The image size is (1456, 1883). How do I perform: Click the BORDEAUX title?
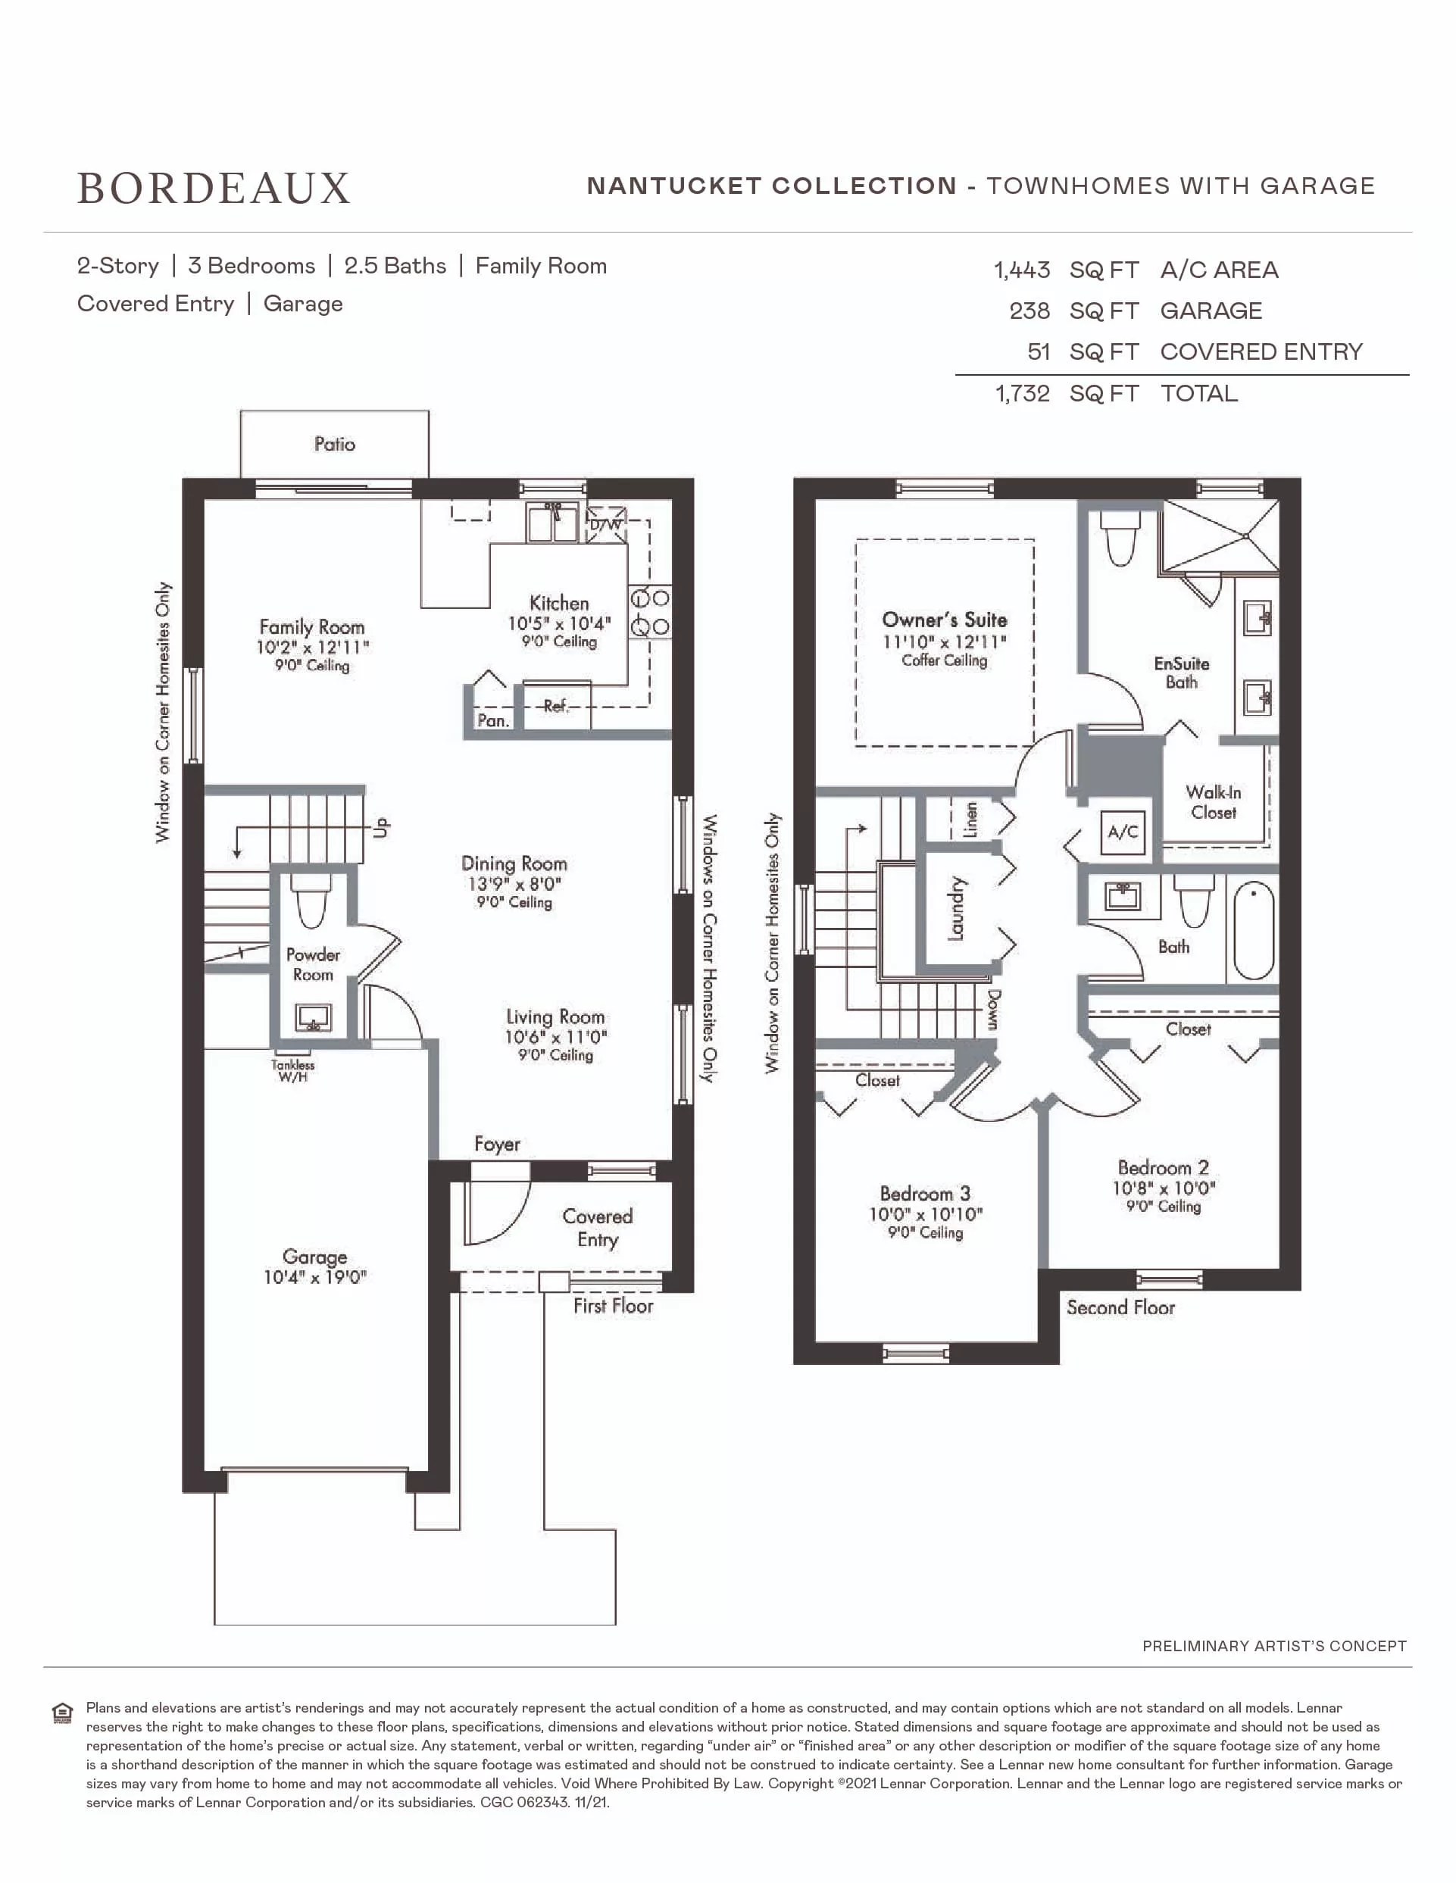point(214,188)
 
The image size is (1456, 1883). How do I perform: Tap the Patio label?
point(335,444)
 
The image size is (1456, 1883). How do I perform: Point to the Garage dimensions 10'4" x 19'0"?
point(314,1277)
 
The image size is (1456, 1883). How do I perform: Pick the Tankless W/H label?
point(293,1071)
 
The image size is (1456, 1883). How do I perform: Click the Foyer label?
point(498,1144)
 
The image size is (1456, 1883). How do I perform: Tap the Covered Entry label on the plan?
point(598,1228)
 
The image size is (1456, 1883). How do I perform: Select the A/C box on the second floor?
point(1123,832)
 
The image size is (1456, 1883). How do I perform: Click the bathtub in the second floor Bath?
point(1254,930)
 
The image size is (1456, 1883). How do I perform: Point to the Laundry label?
point(956,908)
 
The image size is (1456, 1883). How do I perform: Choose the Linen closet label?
point(970,819)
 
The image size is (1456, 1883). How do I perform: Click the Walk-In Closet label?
point(1214,802)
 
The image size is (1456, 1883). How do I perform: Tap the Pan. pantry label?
point(493,720)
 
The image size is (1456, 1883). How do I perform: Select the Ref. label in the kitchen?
point(556,706)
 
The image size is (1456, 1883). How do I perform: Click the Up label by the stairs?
point(382,827)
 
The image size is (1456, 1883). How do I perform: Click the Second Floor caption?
point(1120,1307)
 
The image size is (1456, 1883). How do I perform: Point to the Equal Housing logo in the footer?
point(62,1713)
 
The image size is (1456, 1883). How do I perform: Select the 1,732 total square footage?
point(1023,393)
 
